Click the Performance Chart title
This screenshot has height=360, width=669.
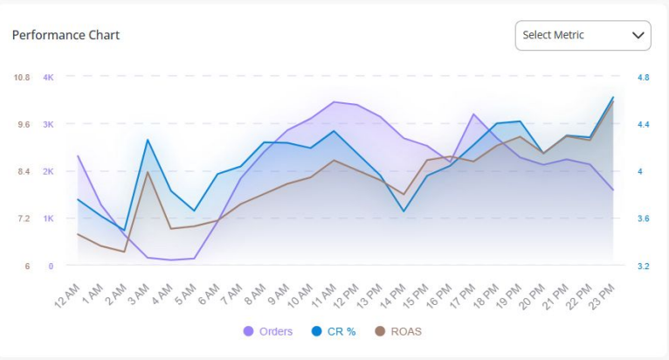pos(66,36)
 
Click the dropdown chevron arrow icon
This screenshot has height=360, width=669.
pos(637,36)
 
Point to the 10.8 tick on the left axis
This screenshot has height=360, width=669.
pos(21,78)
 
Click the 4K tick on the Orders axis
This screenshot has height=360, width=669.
pos(48,78)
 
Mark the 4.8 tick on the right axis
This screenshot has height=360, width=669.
pos(644,78)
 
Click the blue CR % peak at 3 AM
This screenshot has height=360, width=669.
pos(148,140)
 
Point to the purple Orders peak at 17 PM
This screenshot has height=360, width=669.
pos(473,114)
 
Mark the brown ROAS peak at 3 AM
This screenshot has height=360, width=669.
pos(148,172)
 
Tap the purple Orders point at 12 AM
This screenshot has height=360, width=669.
pos(78,156)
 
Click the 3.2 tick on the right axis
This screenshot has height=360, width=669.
pos(644,266)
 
